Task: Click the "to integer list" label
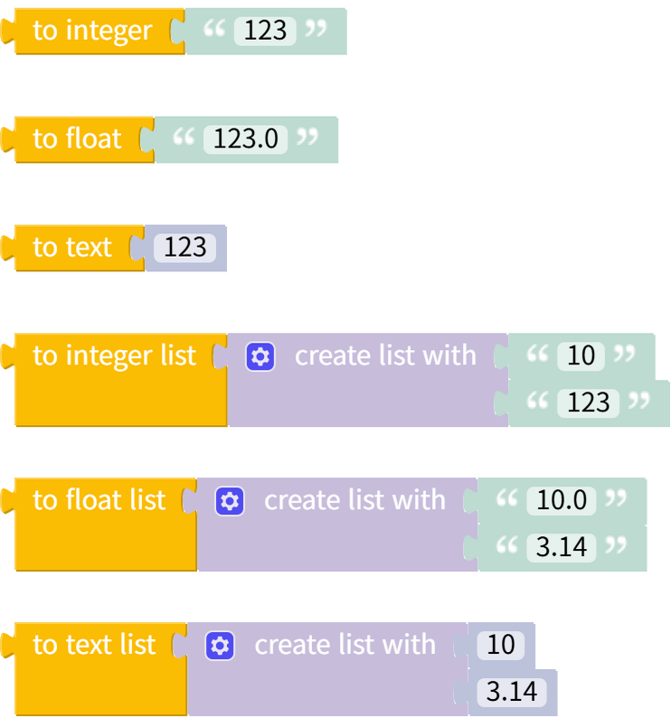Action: click(x=114, y=355)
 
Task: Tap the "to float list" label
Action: click(x=99, y=500)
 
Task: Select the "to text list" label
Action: click(x=94, y=645)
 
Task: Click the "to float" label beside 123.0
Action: click(x=77, y=138)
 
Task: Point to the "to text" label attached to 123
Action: click(x=72, y=247)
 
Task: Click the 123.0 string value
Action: click(x=246, y=139)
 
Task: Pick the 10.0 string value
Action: click(x=562, y=500)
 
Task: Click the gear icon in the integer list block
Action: click(x=260, y=356)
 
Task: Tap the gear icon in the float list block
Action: click(x=230, y=501)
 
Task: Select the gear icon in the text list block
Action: click(x=220, y=646)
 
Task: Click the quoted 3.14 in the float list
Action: click(x=562, y=547)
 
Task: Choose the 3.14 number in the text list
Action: click(x=512, y=693)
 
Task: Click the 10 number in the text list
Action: click(x=500, y=645)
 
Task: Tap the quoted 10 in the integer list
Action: click(x=581, y=355)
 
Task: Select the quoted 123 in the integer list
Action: click(x=589, y=402)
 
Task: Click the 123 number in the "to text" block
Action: click(x=185, y=248)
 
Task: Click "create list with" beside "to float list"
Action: click(x=354, y=500)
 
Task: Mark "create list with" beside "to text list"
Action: click(x=345, y=645)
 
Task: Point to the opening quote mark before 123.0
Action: click(x=184, y=137)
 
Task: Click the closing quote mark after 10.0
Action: click(x=615, y=498)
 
